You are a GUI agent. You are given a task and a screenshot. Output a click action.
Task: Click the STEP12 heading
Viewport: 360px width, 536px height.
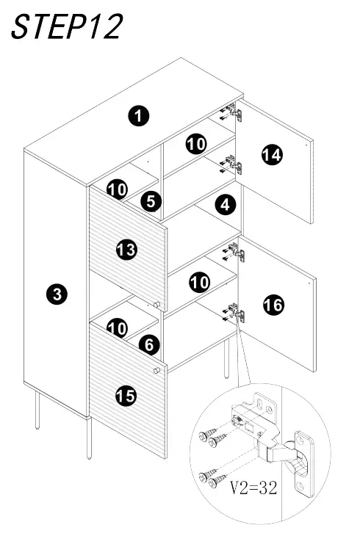[x=67, y=27]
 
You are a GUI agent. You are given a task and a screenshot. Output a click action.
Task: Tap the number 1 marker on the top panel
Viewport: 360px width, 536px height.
[x=137, y=115]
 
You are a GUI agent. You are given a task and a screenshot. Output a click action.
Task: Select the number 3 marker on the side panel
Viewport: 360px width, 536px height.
[x=57, y=294]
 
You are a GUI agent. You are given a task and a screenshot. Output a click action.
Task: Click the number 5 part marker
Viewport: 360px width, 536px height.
[x=151, y=200]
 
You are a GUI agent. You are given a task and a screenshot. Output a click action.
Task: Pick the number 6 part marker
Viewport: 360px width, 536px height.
[x=148, y=344]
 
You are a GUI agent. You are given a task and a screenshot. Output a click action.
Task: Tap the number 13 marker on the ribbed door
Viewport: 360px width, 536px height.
[x=126, y=250]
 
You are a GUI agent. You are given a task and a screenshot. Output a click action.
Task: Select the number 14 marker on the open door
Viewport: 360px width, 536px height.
[x=272, y=154]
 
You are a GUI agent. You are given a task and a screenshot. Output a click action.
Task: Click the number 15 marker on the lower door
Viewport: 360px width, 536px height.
[x=126, y=396]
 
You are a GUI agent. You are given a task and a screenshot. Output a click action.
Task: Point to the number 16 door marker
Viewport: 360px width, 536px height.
[x=273, y=304]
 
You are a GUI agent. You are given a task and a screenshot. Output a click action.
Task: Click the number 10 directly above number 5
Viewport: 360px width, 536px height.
[x=117, y=189]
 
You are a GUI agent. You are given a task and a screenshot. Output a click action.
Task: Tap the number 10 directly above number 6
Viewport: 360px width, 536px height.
[x=117, y=327]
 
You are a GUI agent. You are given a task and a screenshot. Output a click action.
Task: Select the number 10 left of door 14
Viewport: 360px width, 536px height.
[x=195, y=143]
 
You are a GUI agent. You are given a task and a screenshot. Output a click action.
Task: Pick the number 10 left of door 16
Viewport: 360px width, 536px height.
[x=200, y=281]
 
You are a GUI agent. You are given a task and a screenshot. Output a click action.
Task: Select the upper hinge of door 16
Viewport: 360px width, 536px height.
[x=234, y=253]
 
